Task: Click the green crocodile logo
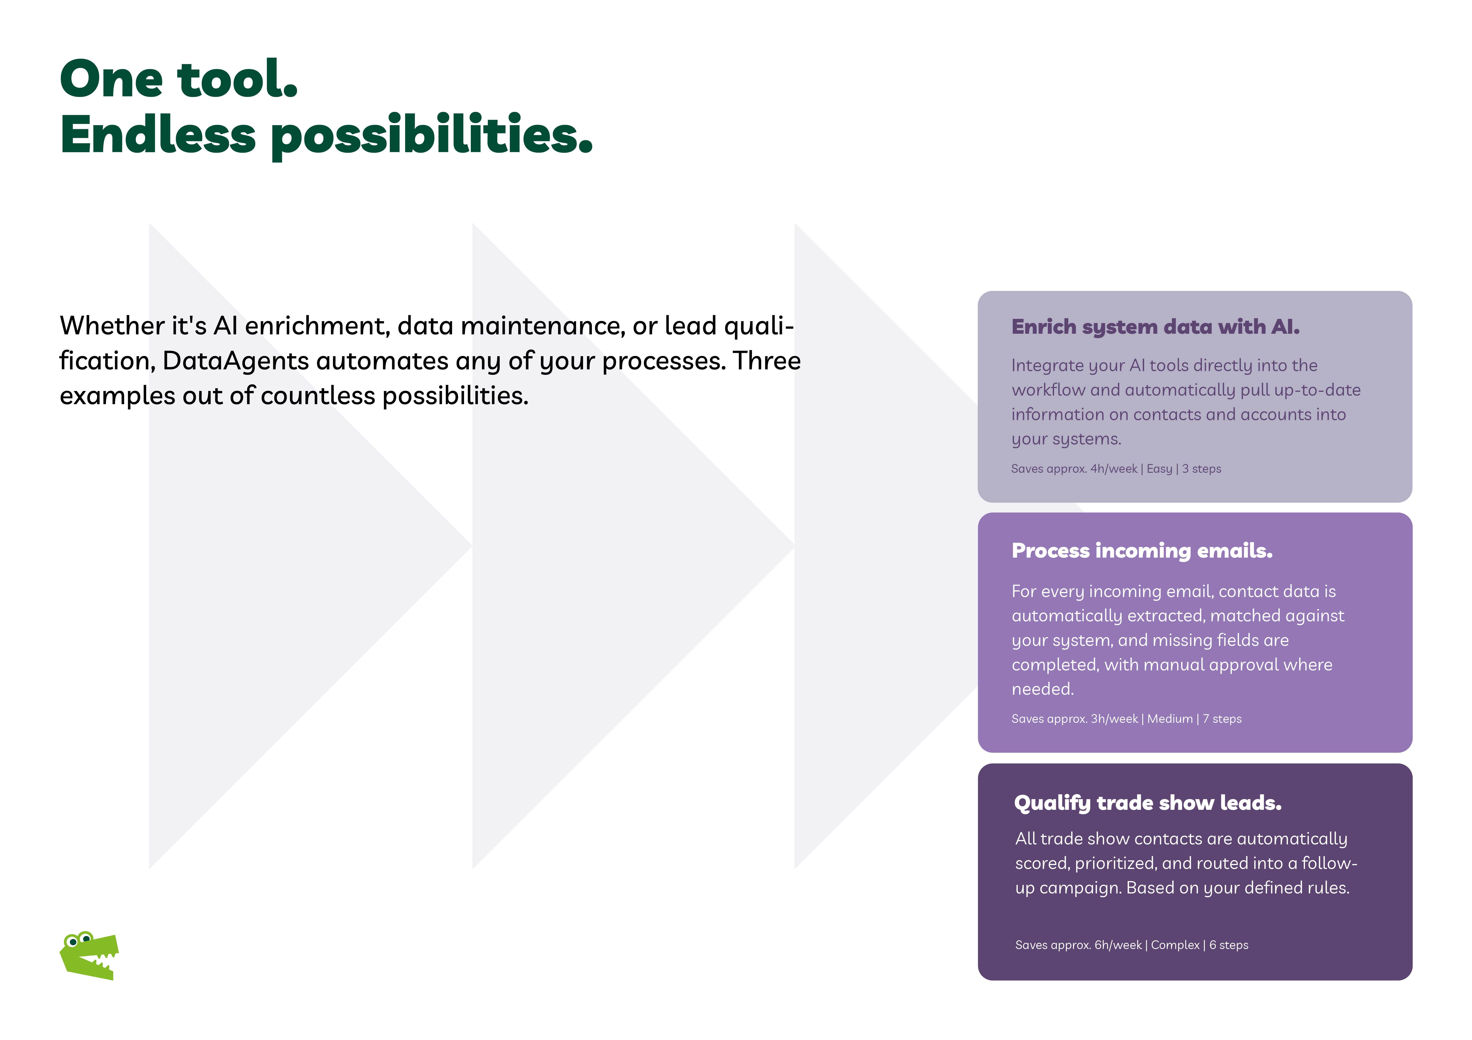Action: pyautogui.click(x=89, y=955)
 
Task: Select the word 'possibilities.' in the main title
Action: pyautogui.click(x=432, y=136)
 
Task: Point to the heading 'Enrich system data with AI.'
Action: pyautogui.click(x=1155, y=327)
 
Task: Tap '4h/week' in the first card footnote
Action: pyautogui.click(x=1114, y=469)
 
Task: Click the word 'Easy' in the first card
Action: pyautogui.click(x=1159, y=469)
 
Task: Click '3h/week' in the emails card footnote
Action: pyautogui.click(x=1114, y=719)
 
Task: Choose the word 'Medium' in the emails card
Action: pyautogui.click(x=1170, y=719)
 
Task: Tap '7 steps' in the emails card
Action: pyautogui.click(x=1222, y=719)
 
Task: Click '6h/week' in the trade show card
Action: pyautogui.click(x=1118, y=945)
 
